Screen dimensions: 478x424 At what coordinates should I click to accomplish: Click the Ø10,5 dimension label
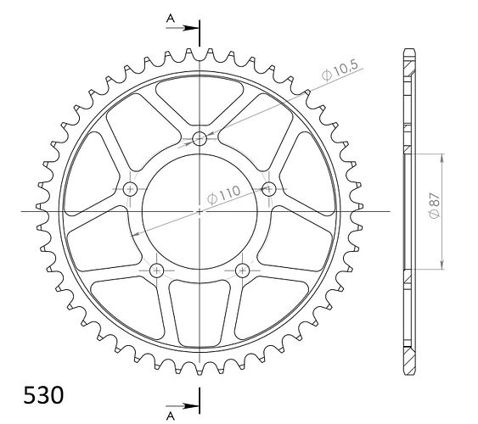(x=340, y=70)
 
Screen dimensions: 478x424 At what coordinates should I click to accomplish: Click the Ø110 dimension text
(x=223, y=195)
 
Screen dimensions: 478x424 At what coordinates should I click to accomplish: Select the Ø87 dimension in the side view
(x=435, y=205)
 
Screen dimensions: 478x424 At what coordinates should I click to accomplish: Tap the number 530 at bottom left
(x=43, y=395)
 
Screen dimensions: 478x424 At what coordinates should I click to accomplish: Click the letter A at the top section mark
(x=171, y=19)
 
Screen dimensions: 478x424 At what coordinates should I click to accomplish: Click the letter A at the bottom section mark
(x=171, y=416)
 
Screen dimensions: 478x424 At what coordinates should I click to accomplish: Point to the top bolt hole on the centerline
(x=200, y=139)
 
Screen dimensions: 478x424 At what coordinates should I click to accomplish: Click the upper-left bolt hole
(x=131, y=189)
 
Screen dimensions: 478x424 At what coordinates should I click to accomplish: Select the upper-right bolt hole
(x=268, y=189)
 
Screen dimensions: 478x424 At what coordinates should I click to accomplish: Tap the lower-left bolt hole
(x=157, y=270)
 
